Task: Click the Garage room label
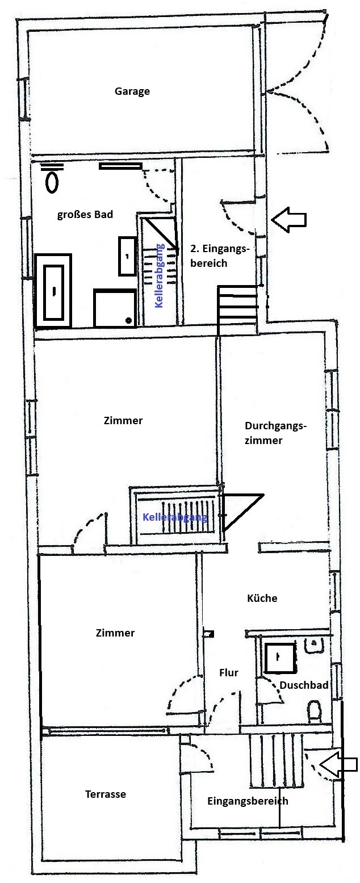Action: pos(132,91)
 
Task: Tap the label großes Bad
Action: pos(85,215)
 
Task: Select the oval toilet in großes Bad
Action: pos(52,183)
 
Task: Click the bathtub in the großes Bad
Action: pos(53,291)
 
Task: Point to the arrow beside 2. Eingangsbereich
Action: pos(289,219)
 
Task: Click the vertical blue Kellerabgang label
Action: pos(159,276)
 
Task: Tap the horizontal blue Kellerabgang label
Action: pos(175,517)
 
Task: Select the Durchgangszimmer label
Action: pos(275,433)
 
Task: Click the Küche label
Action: pos(262,598)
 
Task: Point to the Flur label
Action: pos(229,672)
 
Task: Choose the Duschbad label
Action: pos(304,685)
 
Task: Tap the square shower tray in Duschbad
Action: pos(279,658)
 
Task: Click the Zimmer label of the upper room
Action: pos(123,420)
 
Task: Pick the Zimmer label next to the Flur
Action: pos(115,633)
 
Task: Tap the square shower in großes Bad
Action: pos(115,308)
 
